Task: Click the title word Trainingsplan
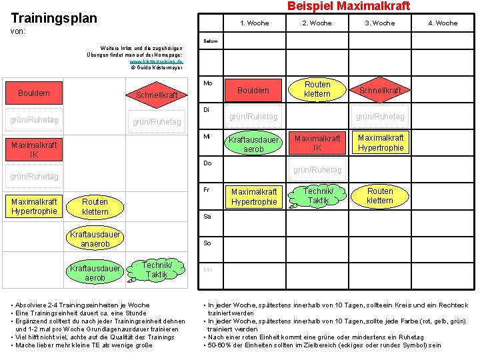[54, 18]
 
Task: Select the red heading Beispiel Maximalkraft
[348, 6]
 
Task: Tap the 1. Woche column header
[254, 23]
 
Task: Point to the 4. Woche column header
[443, 23]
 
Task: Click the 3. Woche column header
[379, 23]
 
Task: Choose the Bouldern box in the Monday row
[253, 90]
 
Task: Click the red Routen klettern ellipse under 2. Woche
[317, 89]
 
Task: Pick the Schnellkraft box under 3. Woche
[380, 90]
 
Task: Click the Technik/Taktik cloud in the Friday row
[318, 196]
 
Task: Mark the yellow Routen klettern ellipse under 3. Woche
[380, 196]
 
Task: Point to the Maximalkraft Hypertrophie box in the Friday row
[253, 197]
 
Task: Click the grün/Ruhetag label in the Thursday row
[317, 170]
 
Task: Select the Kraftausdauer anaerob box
[95, 239]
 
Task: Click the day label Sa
[207, 217]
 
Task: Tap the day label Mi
[207, 137]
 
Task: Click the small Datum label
[209, 41]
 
